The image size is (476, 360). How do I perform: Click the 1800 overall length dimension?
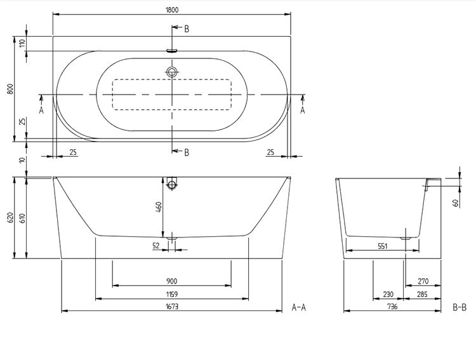(172, 10)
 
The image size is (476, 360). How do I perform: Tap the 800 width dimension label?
(10, 89)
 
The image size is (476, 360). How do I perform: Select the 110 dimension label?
(23, 43)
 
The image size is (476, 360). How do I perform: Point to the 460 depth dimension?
(159, 207)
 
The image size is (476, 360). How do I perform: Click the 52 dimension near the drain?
(156, 246)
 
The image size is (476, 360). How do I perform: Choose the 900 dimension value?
(172, 281)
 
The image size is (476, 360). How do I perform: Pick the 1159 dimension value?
(172, 294)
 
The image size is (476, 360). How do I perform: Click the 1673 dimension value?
(172, 307)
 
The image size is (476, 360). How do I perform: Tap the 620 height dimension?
(10, 218)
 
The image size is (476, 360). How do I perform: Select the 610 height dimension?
(23, 218)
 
